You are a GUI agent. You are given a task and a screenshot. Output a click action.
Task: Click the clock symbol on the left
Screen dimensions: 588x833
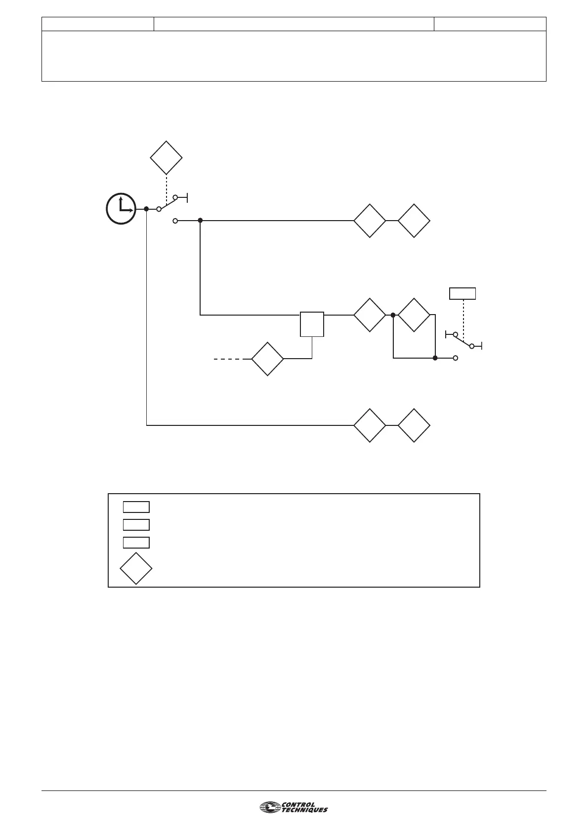(x=121, y=208)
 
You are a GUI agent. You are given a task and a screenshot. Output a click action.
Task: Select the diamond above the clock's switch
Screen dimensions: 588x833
(x=167, y=158)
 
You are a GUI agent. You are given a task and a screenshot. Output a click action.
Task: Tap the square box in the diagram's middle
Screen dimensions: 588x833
(x=312, y=324)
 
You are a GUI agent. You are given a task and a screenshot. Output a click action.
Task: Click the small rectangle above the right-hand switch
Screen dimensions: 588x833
(x=462, y=293)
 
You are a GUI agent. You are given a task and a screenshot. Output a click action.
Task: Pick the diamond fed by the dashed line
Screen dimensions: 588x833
(x=267, y=359)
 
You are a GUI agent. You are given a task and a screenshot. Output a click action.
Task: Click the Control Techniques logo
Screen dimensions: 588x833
(x=294, y=807)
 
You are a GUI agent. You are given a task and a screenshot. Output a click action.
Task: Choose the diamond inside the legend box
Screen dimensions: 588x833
(x=136, y=569)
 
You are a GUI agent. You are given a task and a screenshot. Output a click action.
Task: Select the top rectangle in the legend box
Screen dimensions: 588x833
(x=136, y=507)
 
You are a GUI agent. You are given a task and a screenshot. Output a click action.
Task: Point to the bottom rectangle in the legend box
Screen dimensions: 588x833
(x=136, y=542)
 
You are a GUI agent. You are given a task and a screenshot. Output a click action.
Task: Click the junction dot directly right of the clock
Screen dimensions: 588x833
(x=146, y=209)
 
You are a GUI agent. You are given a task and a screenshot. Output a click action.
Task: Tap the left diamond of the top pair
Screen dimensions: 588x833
(x=370, y=221)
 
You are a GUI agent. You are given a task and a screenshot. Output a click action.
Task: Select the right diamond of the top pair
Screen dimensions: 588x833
(x=414, y=221)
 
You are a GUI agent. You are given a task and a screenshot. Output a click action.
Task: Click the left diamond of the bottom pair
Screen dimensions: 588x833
(x=370, y=425)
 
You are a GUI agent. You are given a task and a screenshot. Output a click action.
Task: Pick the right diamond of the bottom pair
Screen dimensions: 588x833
(x=414, y=425)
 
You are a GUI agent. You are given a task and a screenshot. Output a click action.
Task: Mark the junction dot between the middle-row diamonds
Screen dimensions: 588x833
(x=393, y=315)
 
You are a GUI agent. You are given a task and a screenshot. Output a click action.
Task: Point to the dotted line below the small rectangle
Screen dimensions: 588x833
(x=463, y=319)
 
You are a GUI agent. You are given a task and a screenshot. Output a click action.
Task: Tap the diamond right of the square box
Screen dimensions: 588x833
(x=370, y=315)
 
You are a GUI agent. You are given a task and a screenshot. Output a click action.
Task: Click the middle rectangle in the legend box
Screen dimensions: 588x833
(x=136, y=524)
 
